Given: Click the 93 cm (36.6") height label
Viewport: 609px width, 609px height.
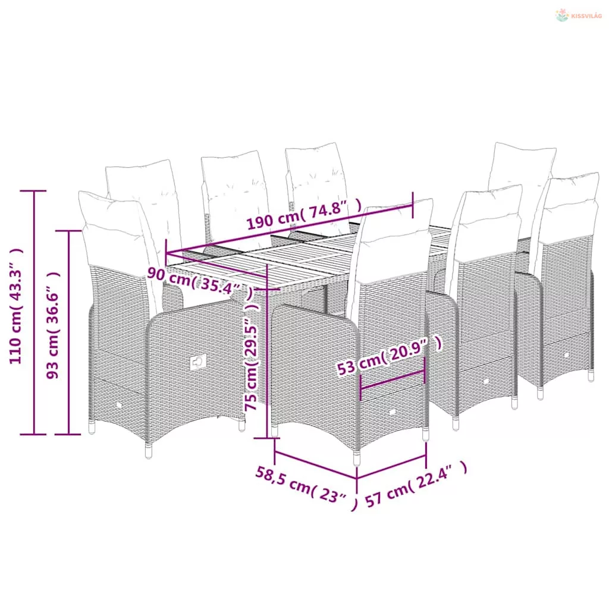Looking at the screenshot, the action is pyautogui.click(x=52, y=325).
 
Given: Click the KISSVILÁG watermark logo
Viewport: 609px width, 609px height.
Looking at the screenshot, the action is pyautogui.click(x=578, y=15).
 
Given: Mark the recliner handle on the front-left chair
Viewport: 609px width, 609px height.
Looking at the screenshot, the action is pyautogui.click(x=198, y=362).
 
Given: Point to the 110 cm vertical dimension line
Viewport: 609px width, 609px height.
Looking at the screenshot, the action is pyautogui.click(x=34, y=312).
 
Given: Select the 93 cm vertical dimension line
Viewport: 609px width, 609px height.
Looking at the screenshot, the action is pyautogui.click(x=69, y=332).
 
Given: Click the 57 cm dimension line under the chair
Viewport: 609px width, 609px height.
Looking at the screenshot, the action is pyautogui.click(x=391, y=466).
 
